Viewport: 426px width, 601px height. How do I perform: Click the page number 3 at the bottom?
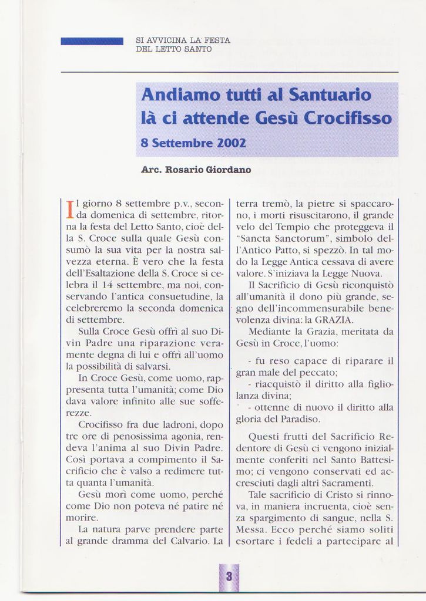point(229,577)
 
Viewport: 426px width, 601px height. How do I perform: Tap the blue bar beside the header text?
point(92,41)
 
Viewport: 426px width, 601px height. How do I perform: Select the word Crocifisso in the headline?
point(347,118)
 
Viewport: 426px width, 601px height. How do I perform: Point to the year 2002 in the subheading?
point(232,143)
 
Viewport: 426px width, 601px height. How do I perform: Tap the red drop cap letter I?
point(70,209)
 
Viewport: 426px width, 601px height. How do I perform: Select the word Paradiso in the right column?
point(300,419)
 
